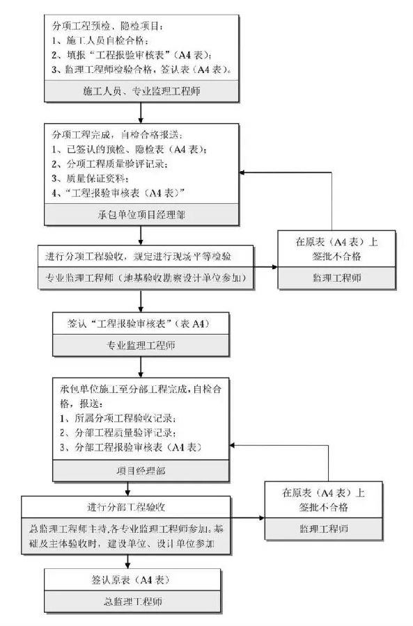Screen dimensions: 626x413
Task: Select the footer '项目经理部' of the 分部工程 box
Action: tap(142, 471)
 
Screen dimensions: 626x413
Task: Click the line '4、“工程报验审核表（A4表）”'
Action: tap(118, 191)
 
